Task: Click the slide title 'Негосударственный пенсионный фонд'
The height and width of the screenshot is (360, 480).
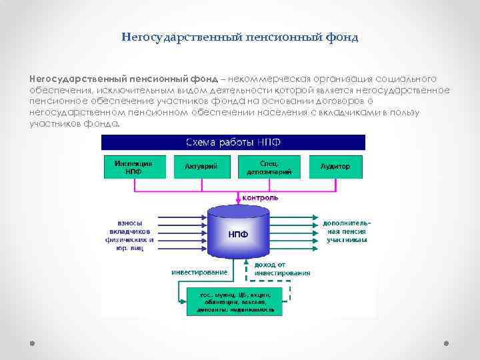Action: click(x=240, y=37)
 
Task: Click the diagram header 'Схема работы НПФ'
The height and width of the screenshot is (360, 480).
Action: click(x=233, y=142)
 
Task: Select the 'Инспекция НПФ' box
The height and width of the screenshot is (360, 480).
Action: click(x=133, y=166)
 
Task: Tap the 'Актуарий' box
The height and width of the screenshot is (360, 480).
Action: click(x=201, y=166)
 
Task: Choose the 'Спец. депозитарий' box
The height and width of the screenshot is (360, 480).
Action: click(x=269, y=166)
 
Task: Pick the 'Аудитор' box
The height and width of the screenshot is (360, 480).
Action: click(x=335, y=166)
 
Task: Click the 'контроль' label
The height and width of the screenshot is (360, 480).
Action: click(x=260, y=198)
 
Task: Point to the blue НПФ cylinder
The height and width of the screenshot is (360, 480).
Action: click(x=238, y=233)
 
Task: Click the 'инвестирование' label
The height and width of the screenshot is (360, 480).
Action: click(x=199, y=272)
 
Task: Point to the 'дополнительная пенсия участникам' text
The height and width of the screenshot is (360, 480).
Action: click(x=346, y=231)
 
